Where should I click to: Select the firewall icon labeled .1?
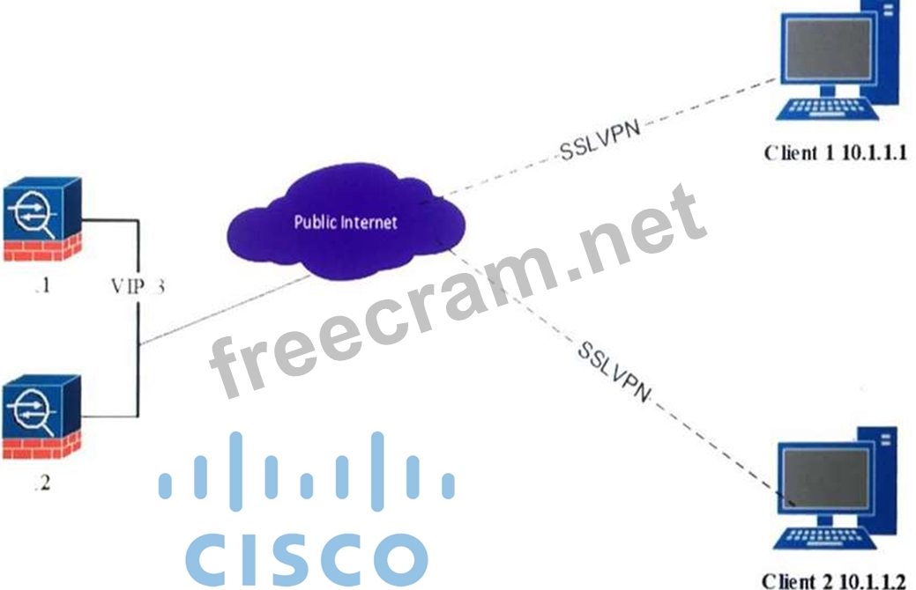(41, 220)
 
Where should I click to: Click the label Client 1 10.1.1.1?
(835, 152)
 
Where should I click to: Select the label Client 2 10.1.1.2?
(833, 579)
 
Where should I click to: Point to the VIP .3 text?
(138, 285)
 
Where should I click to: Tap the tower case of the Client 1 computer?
(886, 53)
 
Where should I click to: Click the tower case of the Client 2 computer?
(886, 480)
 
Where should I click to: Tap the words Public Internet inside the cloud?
(346, 221)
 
